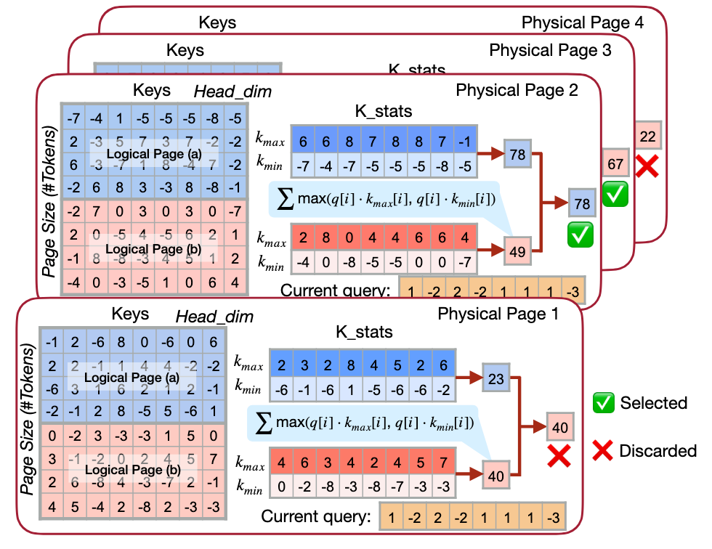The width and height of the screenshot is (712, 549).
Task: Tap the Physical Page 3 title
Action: [551, 51]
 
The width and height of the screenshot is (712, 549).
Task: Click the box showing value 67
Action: [615, 164]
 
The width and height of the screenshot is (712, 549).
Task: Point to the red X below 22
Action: [647, 166]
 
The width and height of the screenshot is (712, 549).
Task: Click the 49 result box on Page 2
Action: [517, 251]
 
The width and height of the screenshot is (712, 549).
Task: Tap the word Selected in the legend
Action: [653, 402]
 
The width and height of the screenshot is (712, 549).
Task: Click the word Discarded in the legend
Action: [658, 451]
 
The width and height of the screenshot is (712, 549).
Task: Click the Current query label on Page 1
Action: [316, 518]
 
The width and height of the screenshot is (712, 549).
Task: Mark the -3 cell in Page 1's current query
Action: [554, 518]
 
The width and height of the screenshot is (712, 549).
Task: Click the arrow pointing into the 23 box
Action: [472, 377]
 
